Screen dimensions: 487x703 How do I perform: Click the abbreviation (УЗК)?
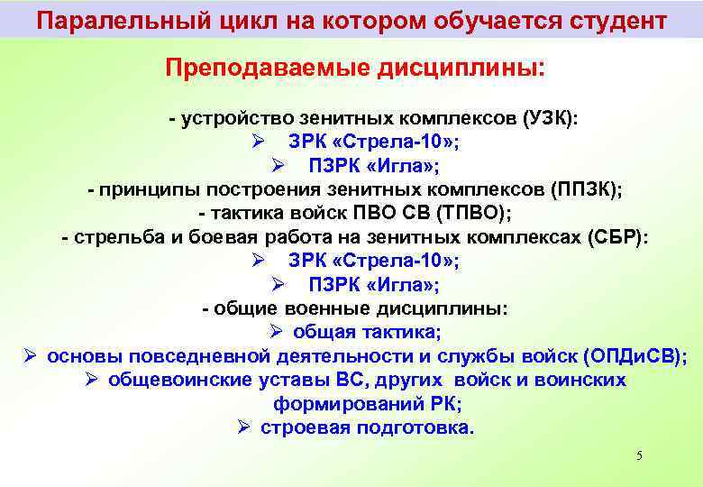click(x=552, y=120)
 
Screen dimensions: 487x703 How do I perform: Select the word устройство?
click(x=226, y=120)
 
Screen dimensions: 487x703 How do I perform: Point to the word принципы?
click(x=150, y=190)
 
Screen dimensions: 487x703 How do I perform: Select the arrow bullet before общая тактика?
click(x=275, y=332)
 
